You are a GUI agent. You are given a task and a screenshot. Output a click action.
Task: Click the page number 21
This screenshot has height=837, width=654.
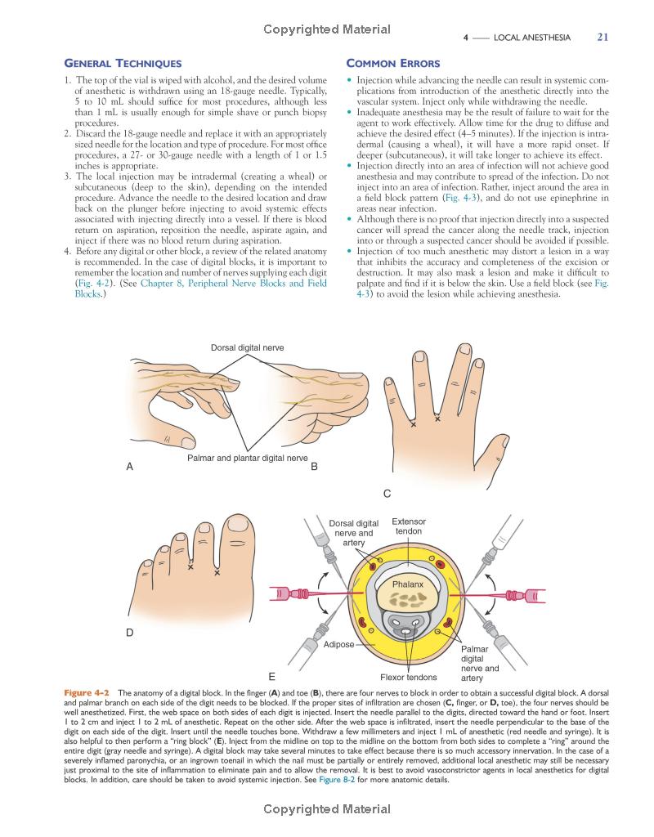603,37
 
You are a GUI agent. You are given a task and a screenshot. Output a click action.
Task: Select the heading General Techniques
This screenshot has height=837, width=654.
123,64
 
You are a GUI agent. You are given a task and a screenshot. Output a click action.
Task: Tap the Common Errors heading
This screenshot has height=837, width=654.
393,64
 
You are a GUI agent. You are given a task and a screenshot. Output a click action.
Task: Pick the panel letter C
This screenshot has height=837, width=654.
387,494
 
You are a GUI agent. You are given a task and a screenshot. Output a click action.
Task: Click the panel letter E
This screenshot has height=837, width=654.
271,676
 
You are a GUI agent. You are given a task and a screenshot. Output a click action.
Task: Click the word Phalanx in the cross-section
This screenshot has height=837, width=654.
408,585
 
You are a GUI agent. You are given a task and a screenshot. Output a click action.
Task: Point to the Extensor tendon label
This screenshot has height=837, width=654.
409,526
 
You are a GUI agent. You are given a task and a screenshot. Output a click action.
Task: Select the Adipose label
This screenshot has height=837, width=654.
339,644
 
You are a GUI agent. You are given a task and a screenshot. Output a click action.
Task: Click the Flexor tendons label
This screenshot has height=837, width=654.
408,677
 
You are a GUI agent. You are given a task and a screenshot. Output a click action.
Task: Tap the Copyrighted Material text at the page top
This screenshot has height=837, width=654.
327,30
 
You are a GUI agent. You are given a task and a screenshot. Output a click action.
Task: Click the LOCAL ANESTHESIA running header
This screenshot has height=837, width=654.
538,38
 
